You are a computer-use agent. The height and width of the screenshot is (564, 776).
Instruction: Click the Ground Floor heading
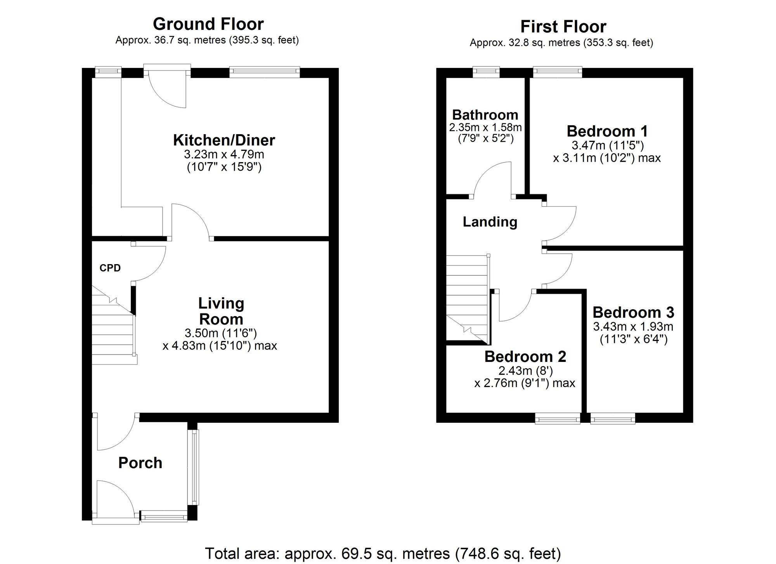click(x=208, y=24)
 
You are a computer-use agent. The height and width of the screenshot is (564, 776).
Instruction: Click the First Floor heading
click(x=563, y=27)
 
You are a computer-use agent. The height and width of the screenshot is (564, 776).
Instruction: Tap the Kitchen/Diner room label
click(x=224, y=140)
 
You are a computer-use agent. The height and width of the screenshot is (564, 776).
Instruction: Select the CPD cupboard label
click(x=110, y=268)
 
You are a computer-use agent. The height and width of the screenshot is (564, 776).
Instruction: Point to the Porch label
click(x=140, y=463)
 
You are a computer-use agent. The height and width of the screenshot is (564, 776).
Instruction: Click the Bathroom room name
click(x=485, y=115)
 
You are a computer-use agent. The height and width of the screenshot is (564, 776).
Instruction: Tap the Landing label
click(x=490, y=222)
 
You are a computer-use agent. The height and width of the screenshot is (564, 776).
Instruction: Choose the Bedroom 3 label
click(x=633, y=312)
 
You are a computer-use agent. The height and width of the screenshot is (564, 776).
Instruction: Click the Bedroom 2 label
click(x=525, y=356)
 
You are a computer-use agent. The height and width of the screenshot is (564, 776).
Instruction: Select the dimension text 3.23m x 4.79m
click(x=224, y=154)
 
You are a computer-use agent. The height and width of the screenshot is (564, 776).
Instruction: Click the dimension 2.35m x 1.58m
click(x=485, y=127)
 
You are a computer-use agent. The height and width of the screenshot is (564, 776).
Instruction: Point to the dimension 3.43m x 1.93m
click(x=633, y=327)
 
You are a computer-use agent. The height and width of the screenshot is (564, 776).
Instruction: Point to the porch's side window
click(x=195, y=467)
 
